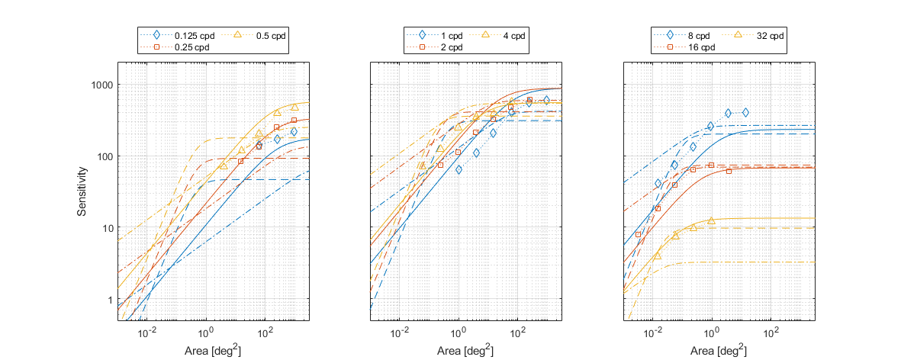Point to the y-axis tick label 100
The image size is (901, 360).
point(105,156)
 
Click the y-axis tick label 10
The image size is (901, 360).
point(108,228)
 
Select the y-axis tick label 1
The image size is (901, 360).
point(110,300)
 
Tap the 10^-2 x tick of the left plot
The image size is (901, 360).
point(147,333)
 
